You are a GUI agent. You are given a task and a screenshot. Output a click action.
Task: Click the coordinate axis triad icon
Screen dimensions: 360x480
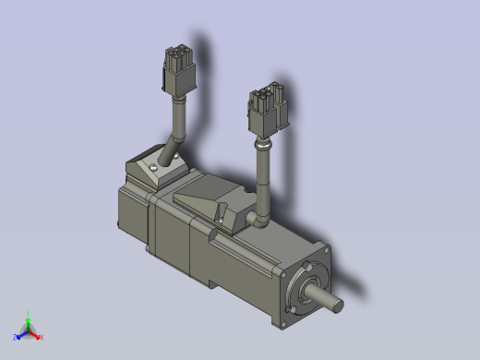(x=29, y=329)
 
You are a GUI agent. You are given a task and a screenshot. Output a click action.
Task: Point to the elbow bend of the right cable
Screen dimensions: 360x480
(x=262, y=221)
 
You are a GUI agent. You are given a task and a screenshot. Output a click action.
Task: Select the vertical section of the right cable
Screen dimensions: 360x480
(x=263, y=180)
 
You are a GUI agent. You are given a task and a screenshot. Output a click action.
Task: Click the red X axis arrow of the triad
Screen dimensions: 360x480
(x=38, y=336)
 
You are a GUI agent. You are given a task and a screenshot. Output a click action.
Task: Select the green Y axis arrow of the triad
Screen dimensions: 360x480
(x=29, y=318)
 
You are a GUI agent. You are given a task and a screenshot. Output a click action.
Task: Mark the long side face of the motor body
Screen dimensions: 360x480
(x=231, y=268)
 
